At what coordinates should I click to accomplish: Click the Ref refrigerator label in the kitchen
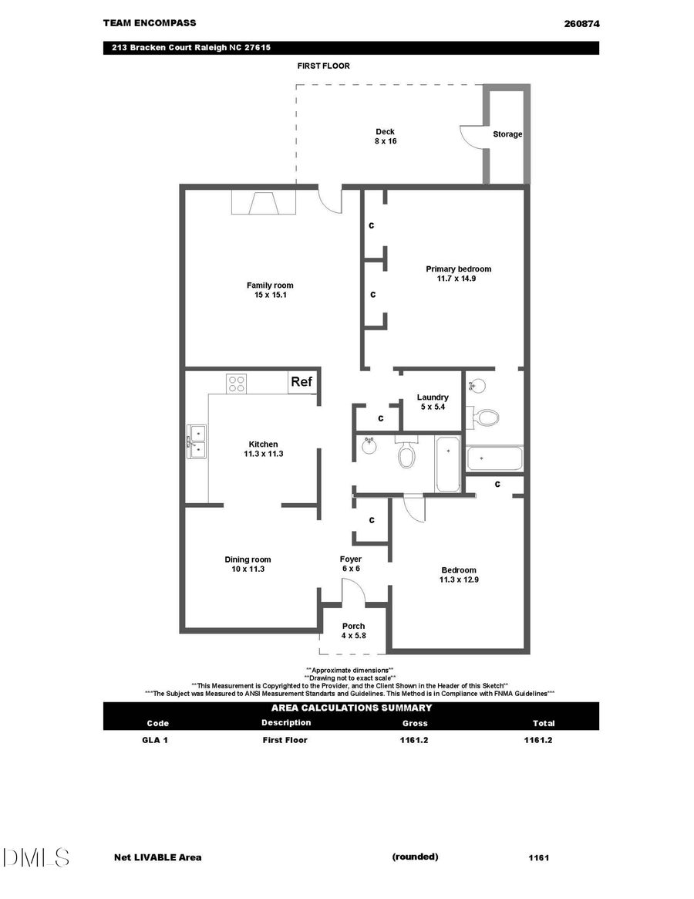(301, 382)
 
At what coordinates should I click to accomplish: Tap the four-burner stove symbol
(236, 383)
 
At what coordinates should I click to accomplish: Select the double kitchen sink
(197, 441)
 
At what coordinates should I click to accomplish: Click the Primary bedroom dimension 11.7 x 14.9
(458, 279)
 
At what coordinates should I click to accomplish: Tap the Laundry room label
(433, 397)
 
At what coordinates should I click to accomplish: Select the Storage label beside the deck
(507, 134)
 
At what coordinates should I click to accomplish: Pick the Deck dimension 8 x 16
(385, 141)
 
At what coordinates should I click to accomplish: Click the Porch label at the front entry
(353, 626)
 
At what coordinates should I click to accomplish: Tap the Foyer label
(350, 559)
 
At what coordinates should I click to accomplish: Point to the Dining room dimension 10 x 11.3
(248, 569)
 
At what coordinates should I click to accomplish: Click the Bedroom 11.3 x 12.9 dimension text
(458, 580)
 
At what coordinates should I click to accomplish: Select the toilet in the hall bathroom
(406, 454)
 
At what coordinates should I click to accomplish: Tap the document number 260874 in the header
(581, 24)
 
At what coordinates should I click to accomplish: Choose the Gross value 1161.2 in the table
(414, 740)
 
